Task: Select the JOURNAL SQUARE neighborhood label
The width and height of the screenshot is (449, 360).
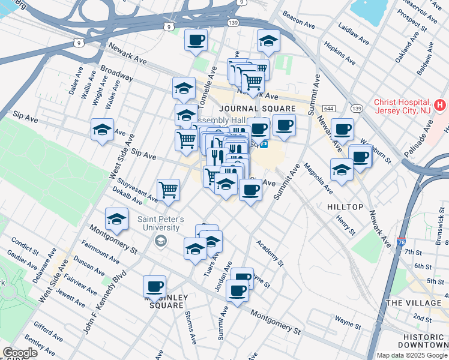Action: click(257, 109)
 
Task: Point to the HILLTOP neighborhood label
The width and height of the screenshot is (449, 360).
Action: click(345, 206)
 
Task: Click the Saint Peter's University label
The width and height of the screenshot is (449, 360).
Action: click(158, 223)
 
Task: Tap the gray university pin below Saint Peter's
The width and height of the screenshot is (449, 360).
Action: click(160, 241)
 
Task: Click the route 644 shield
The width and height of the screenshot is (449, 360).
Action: click(328, 108)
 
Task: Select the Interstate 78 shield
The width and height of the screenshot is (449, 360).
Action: click(401, 242)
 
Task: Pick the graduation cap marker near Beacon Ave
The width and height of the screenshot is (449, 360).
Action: click(268, 41)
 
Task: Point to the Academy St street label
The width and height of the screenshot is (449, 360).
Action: click(269, 253)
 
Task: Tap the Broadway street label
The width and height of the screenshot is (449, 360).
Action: click(116, 73)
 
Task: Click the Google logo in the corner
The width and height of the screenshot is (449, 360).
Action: click(20, 353)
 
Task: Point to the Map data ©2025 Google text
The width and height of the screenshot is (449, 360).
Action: click(411, 355)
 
